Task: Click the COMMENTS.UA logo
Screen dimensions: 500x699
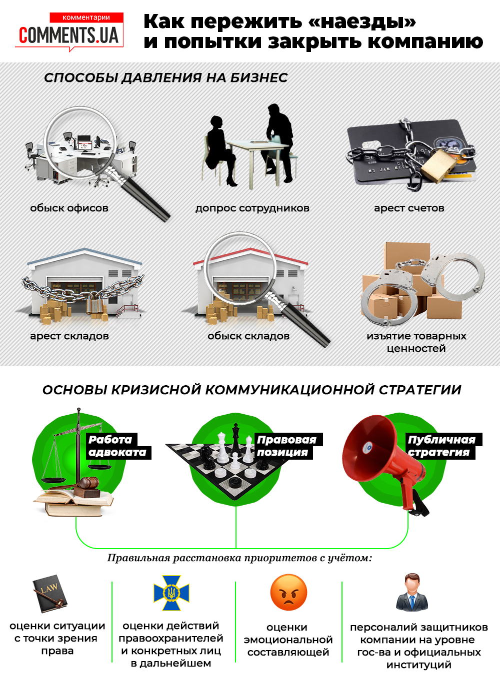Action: [69, 31]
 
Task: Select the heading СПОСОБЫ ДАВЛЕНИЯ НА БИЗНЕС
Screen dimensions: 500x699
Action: [166, 78]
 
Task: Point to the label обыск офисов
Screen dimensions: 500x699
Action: [69, 208]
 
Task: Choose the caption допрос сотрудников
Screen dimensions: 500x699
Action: [252, 208]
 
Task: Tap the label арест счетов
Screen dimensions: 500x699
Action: [409, 208]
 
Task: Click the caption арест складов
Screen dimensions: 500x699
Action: [69, 336]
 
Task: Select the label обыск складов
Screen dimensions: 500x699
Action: [248, 336]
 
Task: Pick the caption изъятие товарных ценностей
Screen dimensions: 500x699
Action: [416, 342]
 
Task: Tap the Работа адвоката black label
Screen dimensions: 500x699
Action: [118, 446]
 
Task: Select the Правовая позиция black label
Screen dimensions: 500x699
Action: [288, 446]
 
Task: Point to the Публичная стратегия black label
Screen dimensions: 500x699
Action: [443, 446]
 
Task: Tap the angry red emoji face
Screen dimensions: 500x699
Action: [288, 592]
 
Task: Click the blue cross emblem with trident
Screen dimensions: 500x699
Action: [171, 593]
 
